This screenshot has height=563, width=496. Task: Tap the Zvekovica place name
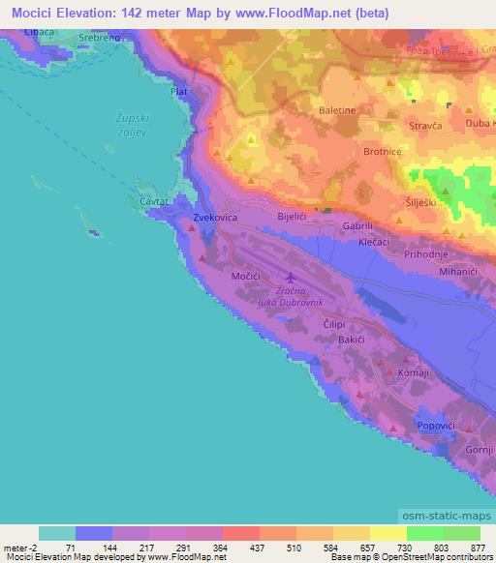216,219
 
